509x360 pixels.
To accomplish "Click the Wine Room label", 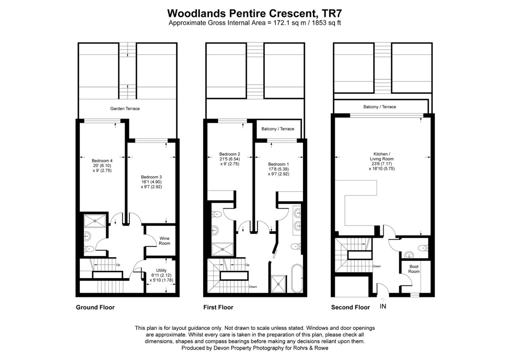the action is pyautogui.click(x=164, y=241).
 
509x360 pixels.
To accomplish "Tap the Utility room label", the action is pyautogui.click(x=161, y=270).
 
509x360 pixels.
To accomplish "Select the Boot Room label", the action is pyautogui.click(x=414, y=269).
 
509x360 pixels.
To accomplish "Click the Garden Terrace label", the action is pyautogui.click(x=125, y=108).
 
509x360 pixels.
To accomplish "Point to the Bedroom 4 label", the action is pyautogui.click(x=102, y=161).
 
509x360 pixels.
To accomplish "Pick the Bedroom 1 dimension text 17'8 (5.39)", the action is pyautogui.click(x=278, y=169).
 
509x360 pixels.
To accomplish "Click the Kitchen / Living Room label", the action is pyautogui.click(x=381, y=156).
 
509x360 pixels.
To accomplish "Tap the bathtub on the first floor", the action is pyautogui.click(x=297, y=278).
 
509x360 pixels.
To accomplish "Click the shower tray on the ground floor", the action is pyautogui.click(x=95, y=221).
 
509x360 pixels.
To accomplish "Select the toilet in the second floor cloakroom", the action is pyautogui.click(x=423, y=248).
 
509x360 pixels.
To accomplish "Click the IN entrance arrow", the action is pyautogui.click(x=383, y=300).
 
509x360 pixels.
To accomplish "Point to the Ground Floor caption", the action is pyautogui.click(x=95, y=307).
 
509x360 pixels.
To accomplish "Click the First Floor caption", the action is pyautogui.click(x=218, y=307).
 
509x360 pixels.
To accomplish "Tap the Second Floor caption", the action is pyautogui.click(x=350, y=307).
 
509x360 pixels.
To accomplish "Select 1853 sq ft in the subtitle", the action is pyautogui.click(x=326, y=23).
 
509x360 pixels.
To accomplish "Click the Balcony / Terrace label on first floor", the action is pyautogui.click(x=278, y=129).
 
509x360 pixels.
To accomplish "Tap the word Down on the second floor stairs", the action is pyautogui.click(x=376, y=266).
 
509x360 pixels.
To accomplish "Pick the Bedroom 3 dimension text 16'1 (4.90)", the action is pyautogui.click(x=151, y=182).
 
